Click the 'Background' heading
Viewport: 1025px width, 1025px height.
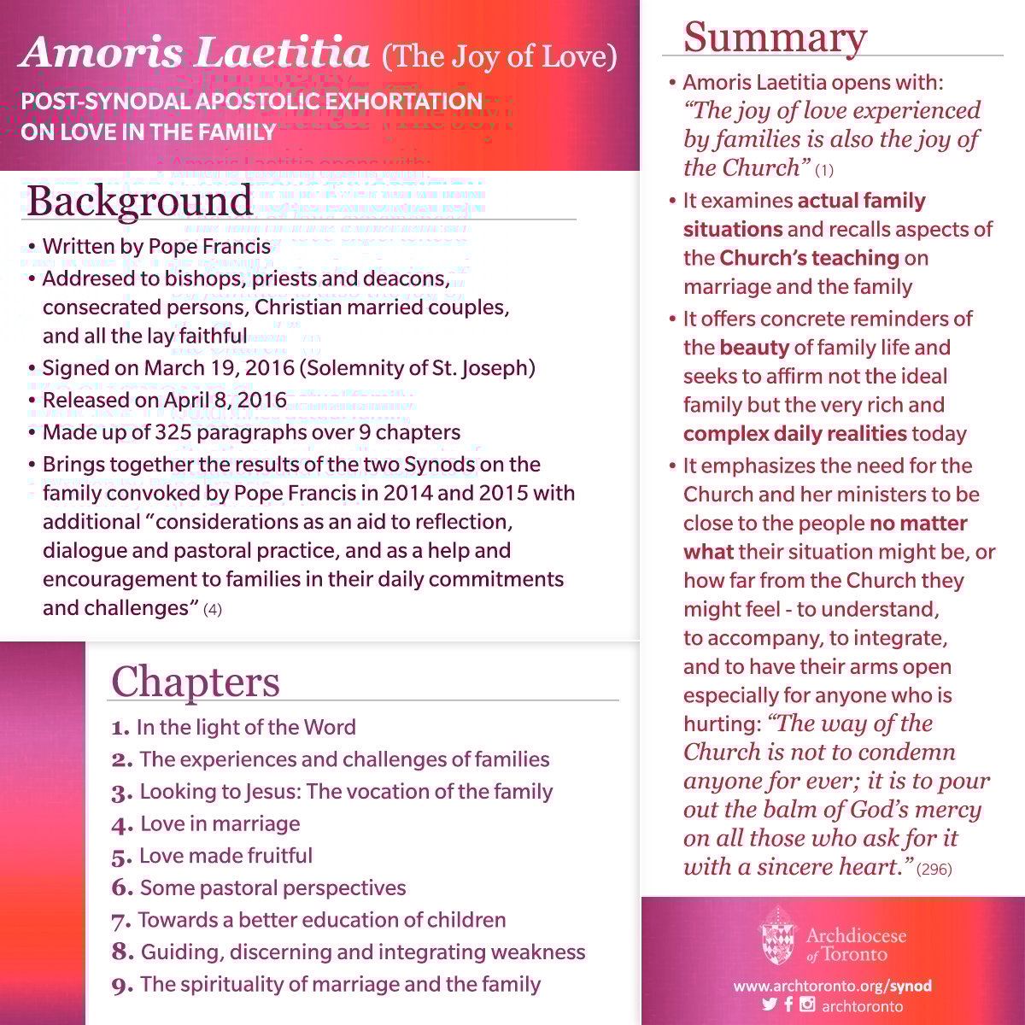click(140, 201)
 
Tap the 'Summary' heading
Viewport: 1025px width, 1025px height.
click(775, 38)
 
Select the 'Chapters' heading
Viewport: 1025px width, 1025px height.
click(196, 682)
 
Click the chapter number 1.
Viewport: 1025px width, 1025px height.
click(120, 728)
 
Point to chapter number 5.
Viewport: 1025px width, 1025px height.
click(120, 857)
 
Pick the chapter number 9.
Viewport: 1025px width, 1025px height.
click(122, 986)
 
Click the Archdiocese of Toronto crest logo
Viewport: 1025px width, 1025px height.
click(777, 936)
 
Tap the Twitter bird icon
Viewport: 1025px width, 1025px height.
click(769, 1004)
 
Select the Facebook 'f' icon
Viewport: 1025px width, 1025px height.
click(788, 1004)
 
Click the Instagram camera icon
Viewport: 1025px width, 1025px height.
click(807, 1004)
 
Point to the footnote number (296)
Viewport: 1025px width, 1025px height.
click(934, 870)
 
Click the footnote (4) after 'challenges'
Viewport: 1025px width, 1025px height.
click(213, 610)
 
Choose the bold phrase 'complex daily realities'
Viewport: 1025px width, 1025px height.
click(794, 433)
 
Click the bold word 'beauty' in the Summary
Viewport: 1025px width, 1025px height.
click(754, 348)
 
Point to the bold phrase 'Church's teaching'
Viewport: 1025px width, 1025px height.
click(809, 258)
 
